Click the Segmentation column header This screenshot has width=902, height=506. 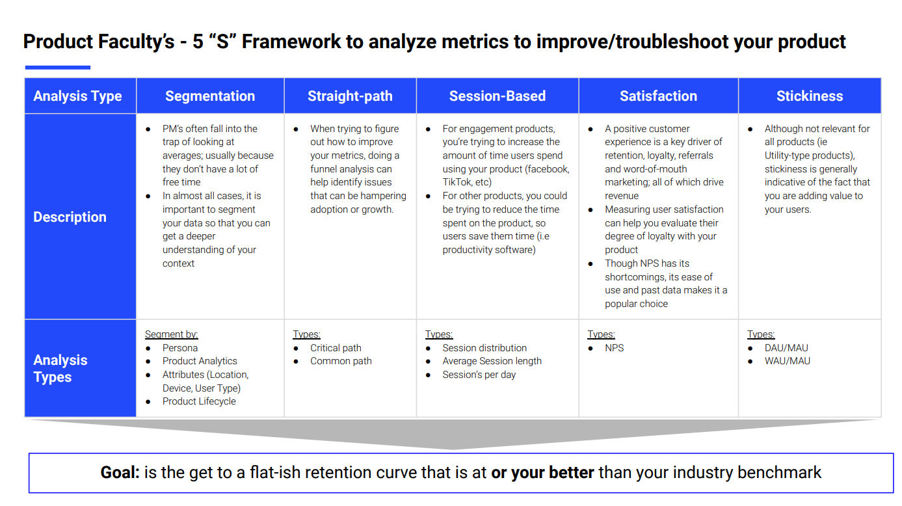click(210, 96)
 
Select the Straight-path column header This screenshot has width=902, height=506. click(350, 96)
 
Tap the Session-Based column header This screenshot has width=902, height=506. click(497, 96)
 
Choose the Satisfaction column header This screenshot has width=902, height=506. click(658, 96)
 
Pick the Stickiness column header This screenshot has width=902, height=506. click(809, 96)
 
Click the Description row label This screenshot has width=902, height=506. click(70, 217)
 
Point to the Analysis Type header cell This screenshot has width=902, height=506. click(78, 96)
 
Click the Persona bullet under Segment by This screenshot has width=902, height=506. click(179, 348)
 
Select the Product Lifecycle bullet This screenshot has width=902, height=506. click(199, 401)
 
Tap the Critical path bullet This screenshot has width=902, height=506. click(336, 348)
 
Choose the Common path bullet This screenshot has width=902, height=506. click(341, 361)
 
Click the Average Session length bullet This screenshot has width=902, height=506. click(492, 361)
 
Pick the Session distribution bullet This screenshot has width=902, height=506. click(484, 348)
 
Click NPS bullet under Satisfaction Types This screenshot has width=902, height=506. click(614, 348)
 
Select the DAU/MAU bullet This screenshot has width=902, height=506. click(786, 348)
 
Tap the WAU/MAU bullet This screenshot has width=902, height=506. click(787, 361)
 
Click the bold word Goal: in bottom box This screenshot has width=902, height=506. click(120, 472)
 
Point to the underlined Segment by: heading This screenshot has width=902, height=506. click(171, 334)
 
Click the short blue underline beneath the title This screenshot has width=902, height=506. click(57, 67)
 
